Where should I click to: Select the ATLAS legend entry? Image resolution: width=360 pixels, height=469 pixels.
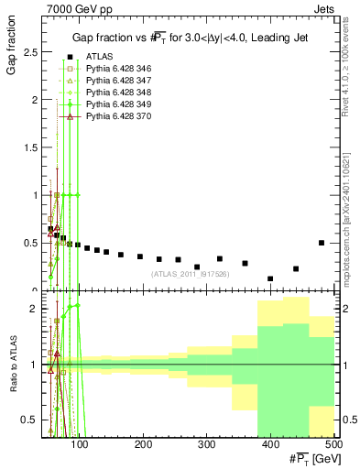click(x=98, y=57)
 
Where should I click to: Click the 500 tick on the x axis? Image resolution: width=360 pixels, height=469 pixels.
click(x=333, y=444)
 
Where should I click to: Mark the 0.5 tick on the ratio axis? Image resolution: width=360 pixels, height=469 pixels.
click(x=31, y=420)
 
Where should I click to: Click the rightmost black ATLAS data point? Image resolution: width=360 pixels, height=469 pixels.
click(x=322, y=243)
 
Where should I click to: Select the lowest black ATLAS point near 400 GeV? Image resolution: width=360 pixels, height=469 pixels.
click(x=270, y=278)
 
